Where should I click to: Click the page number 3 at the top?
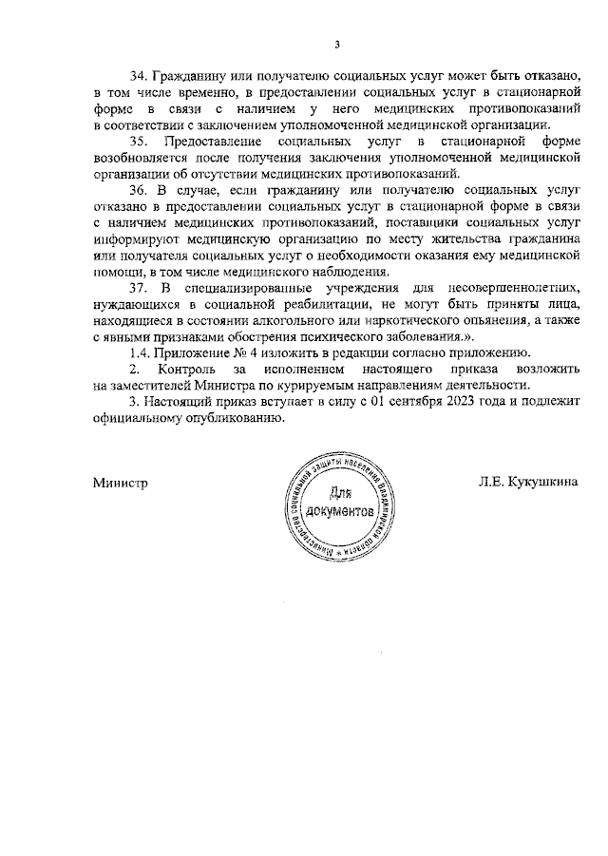pyautogui.click(x=336, y=42)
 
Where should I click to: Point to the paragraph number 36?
pyautogui.click(x=139, y=189)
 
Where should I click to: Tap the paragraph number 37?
pyautogui.click(x=139, y=286)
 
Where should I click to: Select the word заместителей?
pyautogui.click(x=161, y=384)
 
